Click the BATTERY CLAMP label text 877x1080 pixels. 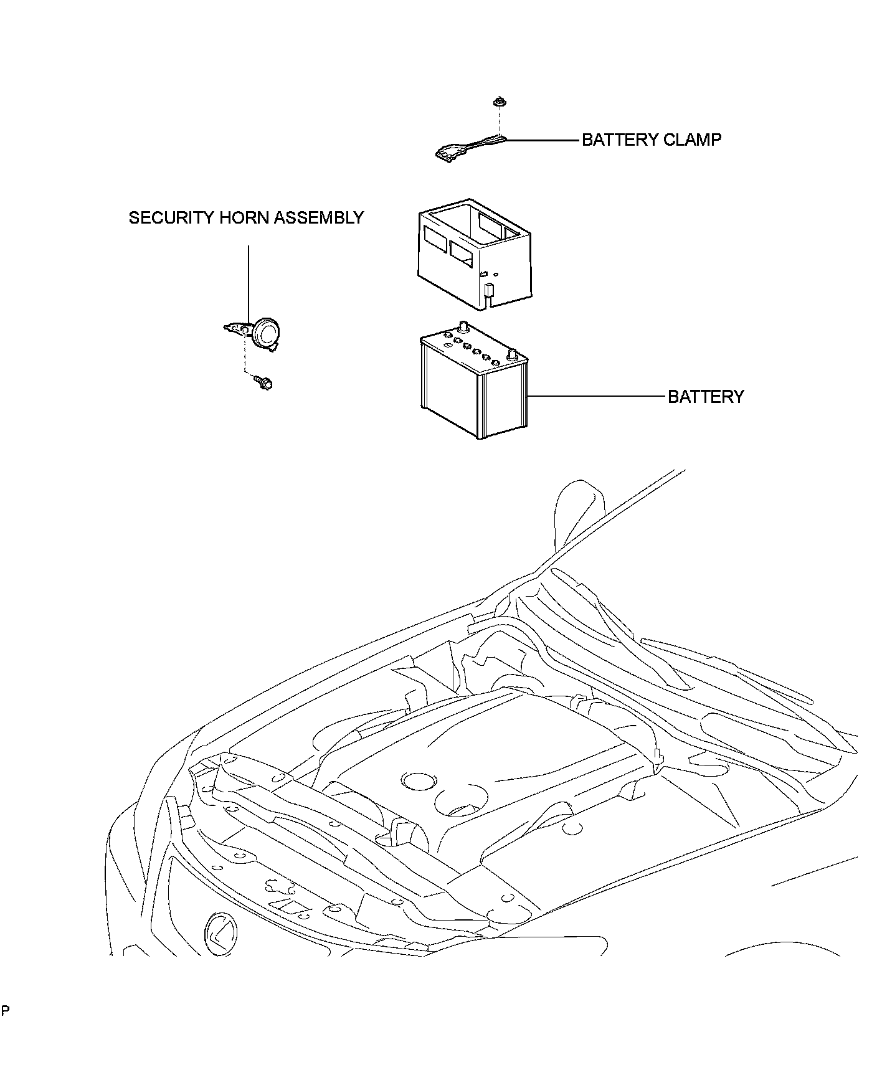(652, 140)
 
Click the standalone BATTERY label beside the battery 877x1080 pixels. (706, 397)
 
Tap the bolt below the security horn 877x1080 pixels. (263, 382)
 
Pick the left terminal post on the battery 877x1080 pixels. (463, 326)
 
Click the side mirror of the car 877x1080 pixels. (579, 506)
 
